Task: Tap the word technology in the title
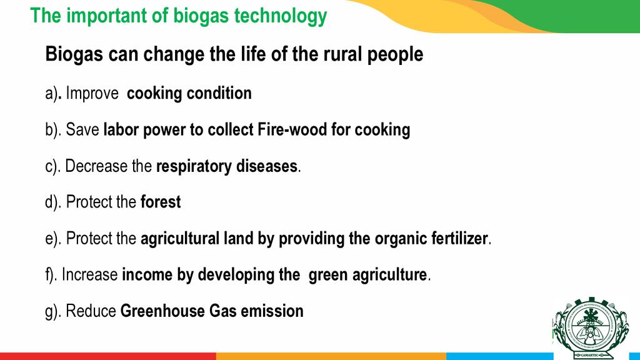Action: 281,16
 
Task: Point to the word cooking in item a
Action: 154,94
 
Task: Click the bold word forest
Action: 161,202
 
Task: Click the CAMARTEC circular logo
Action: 591,328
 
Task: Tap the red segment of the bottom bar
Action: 107,356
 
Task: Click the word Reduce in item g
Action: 91,311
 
